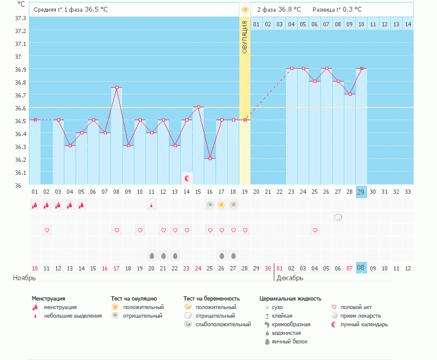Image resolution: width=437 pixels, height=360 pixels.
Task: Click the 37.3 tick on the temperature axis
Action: [x=20, y=18]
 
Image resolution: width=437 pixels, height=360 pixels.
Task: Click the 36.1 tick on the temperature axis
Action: [x=20, y=173]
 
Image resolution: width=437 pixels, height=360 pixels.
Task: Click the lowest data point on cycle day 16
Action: [x=210, y=158]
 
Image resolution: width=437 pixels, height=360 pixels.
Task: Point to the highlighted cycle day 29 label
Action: [x=361, y=192]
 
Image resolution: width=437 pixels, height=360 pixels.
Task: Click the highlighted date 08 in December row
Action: [x=361, y=268]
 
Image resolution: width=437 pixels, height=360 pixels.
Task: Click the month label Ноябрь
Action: [x=25, y=278]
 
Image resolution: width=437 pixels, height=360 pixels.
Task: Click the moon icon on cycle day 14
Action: [x=187, y=178]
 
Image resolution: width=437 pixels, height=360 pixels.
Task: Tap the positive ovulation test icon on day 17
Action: [x=222, y=205]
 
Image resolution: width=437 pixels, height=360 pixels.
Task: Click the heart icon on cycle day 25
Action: [x=315, y=230]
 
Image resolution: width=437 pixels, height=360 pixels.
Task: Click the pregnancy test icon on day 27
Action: [x=338, y=217]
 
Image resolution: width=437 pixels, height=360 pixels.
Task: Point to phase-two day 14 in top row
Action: [x=408, y=24]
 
